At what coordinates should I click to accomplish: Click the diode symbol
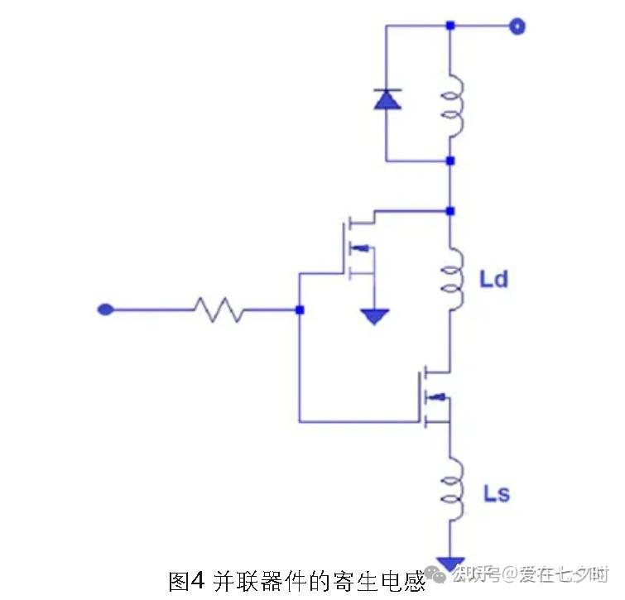coord(387,100)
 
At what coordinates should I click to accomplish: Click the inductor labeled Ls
coord(453,492)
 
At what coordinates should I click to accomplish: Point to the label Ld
coord(493,279)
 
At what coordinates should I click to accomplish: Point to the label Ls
coord(496,494)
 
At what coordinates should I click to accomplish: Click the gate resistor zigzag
coord(219,310)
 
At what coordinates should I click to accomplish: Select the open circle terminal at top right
coord(517,26)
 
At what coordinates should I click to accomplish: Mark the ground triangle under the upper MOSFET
coord(376,315)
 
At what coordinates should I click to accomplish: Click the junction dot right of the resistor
coord(299,310)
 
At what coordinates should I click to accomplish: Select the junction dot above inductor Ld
coord(450,211)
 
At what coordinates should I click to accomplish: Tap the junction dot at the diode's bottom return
coord(450,161)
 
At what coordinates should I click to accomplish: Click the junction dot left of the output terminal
coord(450,26)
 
